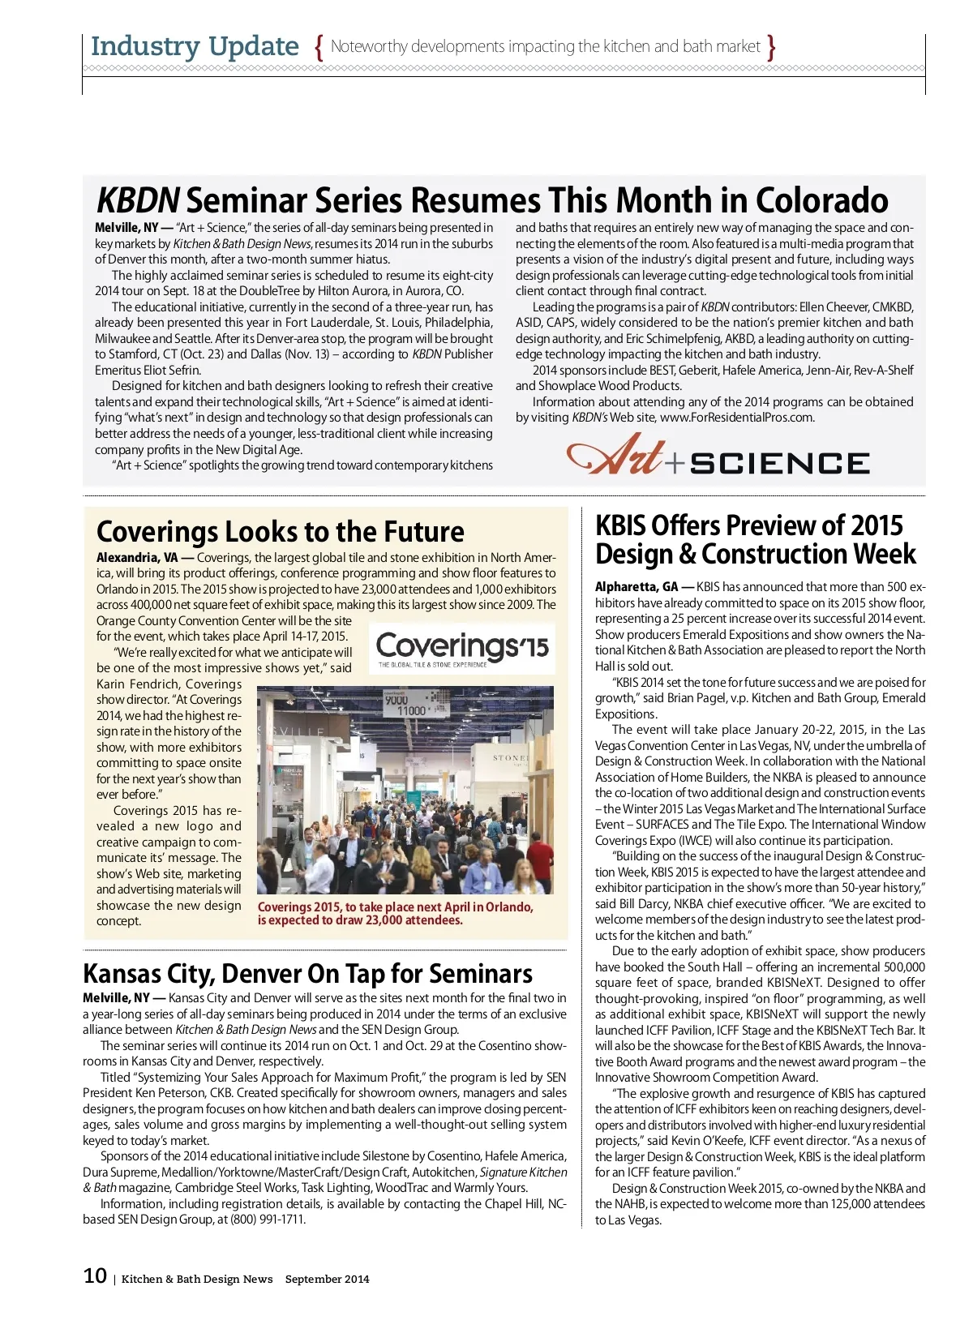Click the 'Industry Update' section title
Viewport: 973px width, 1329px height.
195,46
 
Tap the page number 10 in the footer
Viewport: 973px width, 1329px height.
95,1275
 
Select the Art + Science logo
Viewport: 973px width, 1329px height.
718,456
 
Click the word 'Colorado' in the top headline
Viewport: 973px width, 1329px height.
822,200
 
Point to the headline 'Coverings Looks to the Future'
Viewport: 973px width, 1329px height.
280,532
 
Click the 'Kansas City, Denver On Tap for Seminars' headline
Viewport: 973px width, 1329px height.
307,973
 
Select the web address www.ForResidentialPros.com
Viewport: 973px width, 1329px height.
737,418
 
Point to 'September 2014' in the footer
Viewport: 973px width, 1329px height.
327,1279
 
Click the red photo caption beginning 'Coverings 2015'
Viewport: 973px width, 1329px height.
395,913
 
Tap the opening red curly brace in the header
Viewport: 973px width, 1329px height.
319,47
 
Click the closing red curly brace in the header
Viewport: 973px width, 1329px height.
771,47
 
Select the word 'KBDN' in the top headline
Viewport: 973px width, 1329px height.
138,200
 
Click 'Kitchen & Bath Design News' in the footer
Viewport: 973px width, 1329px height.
197,1279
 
